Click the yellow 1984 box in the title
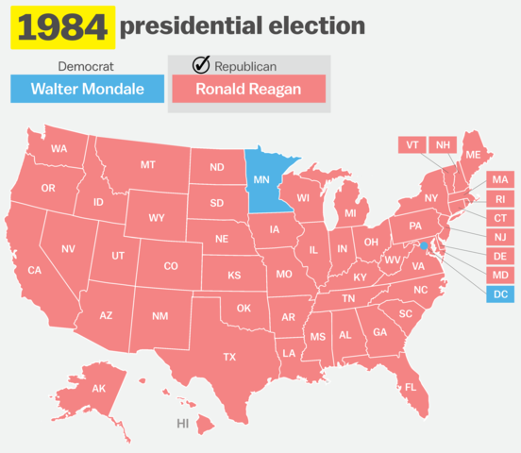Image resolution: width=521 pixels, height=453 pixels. pos(60,28)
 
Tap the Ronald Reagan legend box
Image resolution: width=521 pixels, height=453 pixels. pos(248,90)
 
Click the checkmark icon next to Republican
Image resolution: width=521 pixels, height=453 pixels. pos(200,65)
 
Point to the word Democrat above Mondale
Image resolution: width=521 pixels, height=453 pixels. pos(87,67)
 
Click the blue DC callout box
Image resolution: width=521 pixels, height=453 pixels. pos(500,294)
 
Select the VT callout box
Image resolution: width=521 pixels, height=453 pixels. pos(411,144)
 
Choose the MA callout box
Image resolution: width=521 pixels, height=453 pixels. pos(500,179)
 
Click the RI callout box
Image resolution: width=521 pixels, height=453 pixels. pos(500,199)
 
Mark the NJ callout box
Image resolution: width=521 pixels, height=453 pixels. pos(500,237)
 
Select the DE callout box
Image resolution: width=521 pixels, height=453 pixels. pos(500,256)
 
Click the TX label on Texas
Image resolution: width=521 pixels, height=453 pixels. pos(229,357)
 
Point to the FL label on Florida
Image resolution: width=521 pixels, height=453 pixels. pos(411,388)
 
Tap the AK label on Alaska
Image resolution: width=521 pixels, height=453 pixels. pos(99,389)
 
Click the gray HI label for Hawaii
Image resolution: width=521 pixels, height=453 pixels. pos(183,424)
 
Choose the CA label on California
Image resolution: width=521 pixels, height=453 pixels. pos(35,271)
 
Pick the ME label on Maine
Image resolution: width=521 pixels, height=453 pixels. pos(473,155)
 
